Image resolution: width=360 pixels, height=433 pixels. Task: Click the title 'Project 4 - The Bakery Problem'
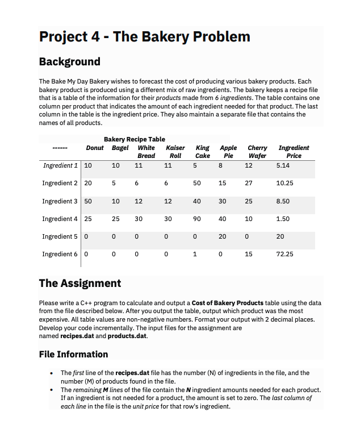144,37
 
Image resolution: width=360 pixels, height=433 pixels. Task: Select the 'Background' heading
69,61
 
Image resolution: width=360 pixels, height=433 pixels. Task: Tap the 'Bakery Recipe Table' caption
135,139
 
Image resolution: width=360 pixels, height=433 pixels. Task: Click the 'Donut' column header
94,148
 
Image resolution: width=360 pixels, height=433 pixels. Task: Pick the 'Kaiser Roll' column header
175,152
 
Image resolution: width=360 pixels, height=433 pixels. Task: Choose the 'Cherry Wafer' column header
257,152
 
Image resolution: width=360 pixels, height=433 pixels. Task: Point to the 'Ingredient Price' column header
294,152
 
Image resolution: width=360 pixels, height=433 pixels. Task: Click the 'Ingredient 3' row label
60,201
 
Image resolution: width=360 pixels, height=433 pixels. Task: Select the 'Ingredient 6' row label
60,254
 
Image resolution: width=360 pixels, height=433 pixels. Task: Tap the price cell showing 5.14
283,166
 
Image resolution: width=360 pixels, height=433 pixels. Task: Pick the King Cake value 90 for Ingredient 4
197,219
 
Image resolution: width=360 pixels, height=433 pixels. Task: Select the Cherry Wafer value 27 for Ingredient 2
249,184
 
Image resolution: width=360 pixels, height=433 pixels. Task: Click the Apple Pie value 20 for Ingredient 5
223,236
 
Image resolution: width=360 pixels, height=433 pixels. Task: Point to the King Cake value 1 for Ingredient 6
195,254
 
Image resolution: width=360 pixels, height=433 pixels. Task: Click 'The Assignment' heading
79,283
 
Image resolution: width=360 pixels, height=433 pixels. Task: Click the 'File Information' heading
73,354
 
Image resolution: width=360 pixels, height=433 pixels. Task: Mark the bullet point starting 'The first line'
53,373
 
